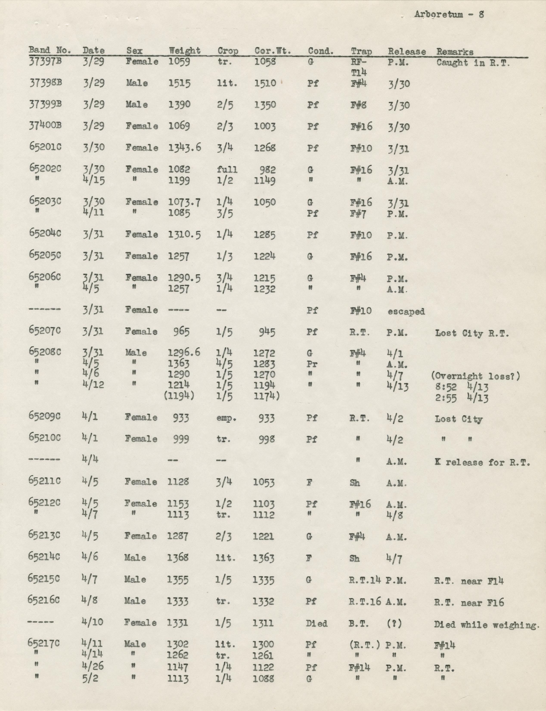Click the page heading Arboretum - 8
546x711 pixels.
coord(449,15)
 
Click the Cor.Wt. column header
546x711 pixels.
coord(272,51)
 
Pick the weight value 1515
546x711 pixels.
coord(179,83)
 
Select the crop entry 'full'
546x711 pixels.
coord(227,170)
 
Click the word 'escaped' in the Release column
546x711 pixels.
coord(406,311)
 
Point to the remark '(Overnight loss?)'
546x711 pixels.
coord(475,376)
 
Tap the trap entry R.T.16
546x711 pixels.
coord(365,602)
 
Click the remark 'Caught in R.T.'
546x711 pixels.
coord(473,63)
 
